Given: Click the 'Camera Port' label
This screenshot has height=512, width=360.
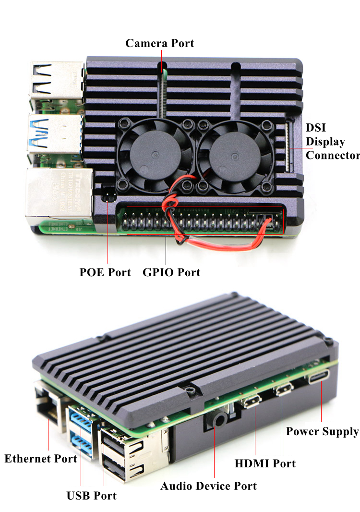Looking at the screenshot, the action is coord(160,43).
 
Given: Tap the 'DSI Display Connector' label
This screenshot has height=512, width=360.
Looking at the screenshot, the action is coord(333,141).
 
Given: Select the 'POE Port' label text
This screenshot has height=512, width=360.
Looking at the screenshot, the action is coord(105,272).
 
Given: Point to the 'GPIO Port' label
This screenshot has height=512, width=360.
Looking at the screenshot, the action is coord(171,272).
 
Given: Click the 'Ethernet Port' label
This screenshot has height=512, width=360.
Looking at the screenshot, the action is coord(41,459).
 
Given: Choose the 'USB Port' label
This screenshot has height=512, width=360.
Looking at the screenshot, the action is coord(91,496).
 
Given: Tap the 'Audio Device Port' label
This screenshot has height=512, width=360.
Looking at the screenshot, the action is coord(208,486).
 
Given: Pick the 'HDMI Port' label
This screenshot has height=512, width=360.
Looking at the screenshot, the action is coord(265,463).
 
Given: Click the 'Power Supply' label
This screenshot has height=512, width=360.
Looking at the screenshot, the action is coord(323,432).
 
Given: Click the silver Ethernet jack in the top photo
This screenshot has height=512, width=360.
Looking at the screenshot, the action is coord(59,195).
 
